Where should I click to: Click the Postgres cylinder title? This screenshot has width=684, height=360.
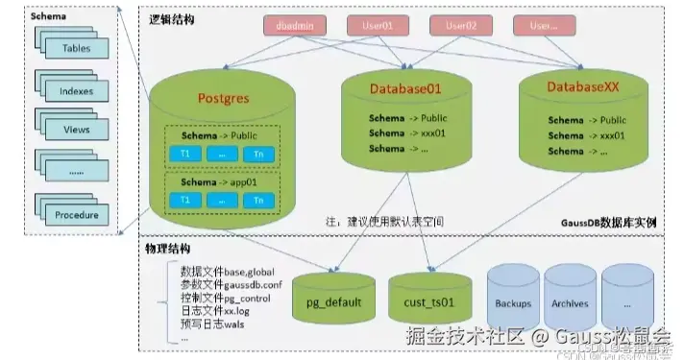coord(223,99)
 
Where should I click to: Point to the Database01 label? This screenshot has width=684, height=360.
coord(405,88)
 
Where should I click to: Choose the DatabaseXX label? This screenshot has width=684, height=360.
coord(583,87)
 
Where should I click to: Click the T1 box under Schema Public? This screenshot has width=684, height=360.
coord(184,154)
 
